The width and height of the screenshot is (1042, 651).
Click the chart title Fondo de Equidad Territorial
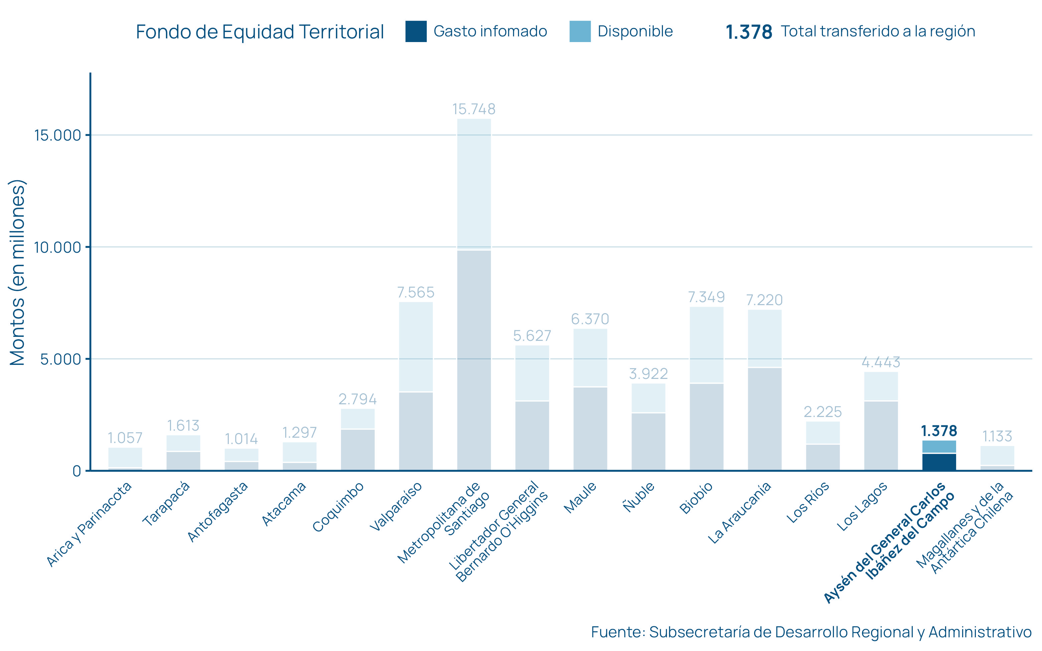[x=259, y=32]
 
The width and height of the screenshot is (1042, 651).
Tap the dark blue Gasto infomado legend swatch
[x=416, y=31]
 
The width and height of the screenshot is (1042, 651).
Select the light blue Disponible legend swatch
[x=580, y=31]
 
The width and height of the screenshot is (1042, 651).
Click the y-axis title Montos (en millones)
[x=18, y=272]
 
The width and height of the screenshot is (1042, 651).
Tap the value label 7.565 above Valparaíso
[x=415, y=292]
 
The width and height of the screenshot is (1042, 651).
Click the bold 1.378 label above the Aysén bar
[x=939, y=431]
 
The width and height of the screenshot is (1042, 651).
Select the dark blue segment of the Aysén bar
[x=939, y=462]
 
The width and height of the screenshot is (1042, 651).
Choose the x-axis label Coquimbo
[x=338, y=507]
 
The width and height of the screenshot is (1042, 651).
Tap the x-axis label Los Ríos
[x=808, y=502]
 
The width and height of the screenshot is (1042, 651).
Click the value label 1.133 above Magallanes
[x=997, y=437]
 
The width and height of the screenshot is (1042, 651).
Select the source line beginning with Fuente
[x=811, y=632]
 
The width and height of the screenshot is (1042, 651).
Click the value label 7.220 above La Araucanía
[x=764, y=300]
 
